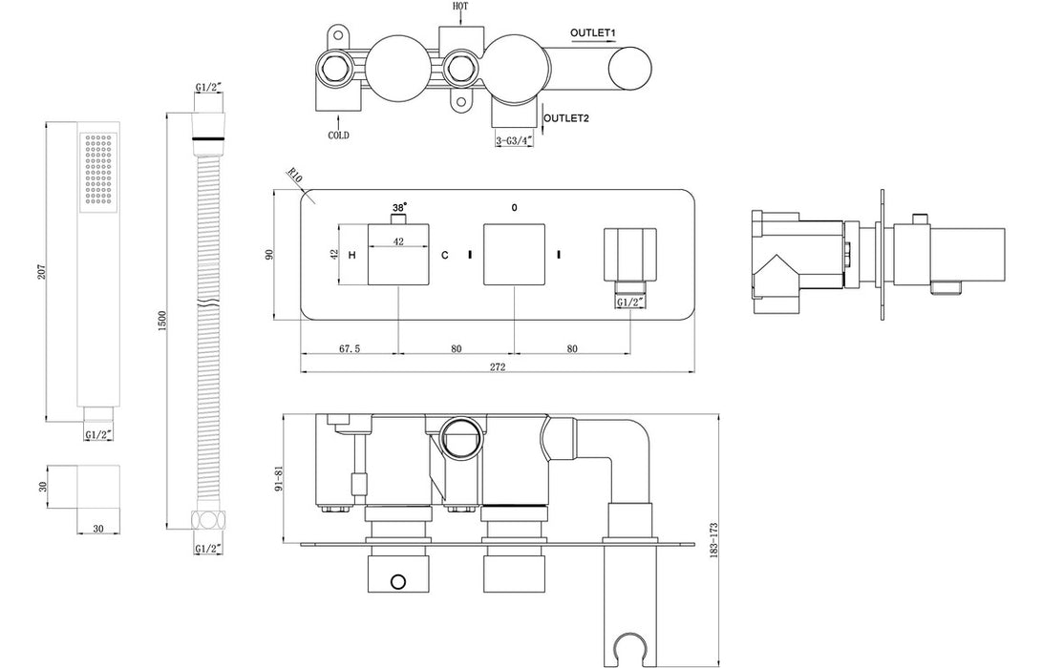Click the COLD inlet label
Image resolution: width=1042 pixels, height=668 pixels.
(338, 136)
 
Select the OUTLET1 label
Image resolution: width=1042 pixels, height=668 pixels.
(593, 33)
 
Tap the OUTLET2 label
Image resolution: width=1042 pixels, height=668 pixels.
(566, 118)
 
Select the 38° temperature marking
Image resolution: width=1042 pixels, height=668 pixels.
(398, 206)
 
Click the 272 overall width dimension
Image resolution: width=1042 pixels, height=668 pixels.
(497, 366)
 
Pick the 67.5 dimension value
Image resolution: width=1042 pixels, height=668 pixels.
(350, 348)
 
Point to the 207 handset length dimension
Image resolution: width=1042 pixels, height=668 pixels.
(38, 272)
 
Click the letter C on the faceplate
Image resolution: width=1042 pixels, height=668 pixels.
(443, 256)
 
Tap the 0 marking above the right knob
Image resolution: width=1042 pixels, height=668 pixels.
(515, 207)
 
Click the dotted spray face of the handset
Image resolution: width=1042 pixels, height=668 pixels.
(98, 169)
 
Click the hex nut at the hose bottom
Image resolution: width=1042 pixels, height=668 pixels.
(206, 521)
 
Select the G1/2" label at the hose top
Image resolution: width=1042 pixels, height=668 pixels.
(209, 88)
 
